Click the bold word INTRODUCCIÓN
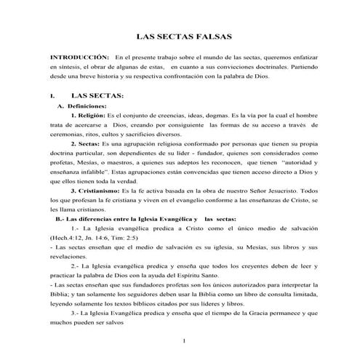tap(79, 56)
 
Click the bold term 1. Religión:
tap(88, 116)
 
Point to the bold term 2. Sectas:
tap(86, 144)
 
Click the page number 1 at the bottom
tap(185, 340)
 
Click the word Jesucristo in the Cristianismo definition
tap(279, 191)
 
